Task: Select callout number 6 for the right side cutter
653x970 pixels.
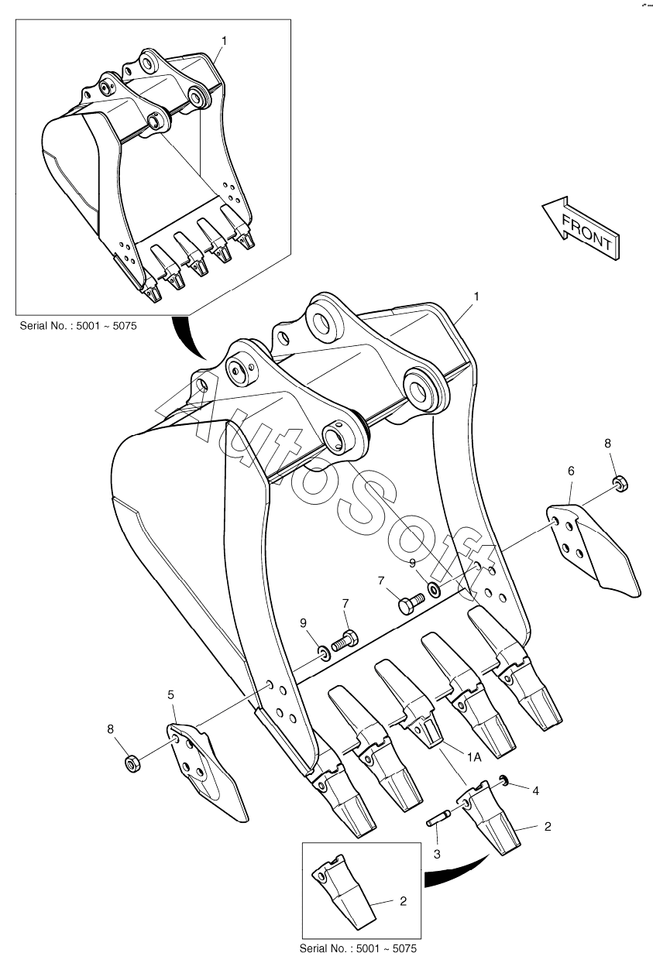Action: coord(571,470)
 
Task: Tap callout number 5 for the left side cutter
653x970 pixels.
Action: coord(170,695)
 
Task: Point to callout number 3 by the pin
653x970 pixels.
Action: coord(437,853)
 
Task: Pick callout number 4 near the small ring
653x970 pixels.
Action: coord(534,790)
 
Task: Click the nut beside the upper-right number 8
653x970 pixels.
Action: coord(619,484)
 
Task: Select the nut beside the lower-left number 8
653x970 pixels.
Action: coord(132,763)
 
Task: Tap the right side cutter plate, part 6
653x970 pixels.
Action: coord(593,549)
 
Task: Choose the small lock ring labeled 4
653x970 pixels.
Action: coord(503,780)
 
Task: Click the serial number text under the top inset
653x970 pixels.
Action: coord(77,326)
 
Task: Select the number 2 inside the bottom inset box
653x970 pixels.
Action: coord(403,901)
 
